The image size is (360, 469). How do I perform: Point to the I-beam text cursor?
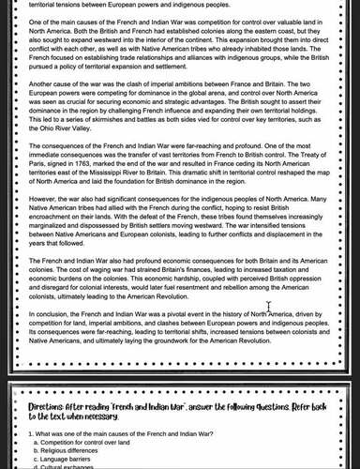click(x=269, y=306)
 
